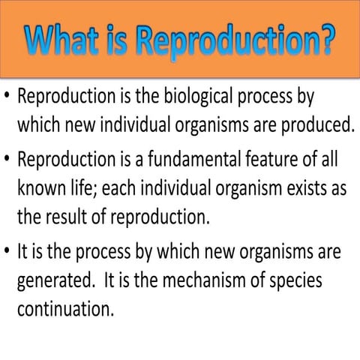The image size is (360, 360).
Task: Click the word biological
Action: click(196, 97)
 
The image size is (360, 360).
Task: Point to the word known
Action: click(40, 188)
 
